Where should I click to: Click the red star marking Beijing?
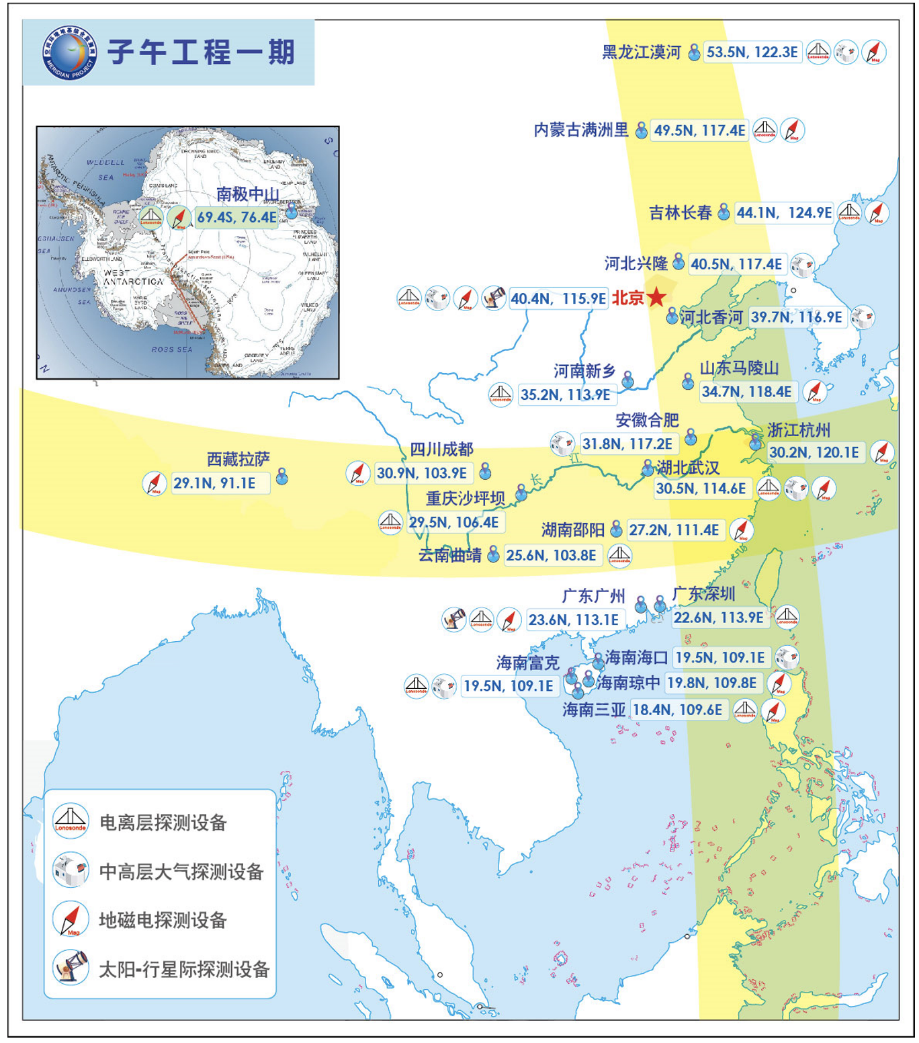pos(656,297)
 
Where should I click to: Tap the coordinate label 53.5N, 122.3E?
pos(752,52)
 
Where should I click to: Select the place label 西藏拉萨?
pos(238,460)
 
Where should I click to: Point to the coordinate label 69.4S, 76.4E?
pos(236,218)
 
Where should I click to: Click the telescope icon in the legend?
pos(71,968)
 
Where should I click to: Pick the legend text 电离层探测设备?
pos(163,823)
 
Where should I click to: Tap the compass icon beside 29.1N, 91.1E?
pos(155,483)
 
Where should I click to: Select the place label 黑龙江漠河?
pos(641,52)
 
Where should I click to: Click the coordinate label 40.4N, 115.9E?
pos(558,298)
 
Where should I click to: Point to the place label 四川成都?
pos(441,450)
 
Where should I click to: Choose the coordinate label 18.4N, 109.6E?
pos(678,710)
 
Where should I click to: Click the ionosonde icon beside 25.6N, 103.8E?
pos(619,555)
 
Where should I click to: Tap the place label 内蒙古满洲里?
pos(581,130)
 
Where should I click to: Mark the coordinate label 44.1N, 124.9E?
pos(784,213)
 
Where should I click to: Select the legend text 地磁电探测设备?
pos(163,920)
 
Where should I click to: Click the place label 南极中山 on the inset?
pos(247,194)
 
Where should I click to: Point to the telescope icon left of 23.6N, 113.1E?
pos(453,619)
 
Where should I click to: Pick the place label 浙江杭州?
pos(799,430)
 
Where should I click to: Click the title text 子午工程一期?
pos(201,52)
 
